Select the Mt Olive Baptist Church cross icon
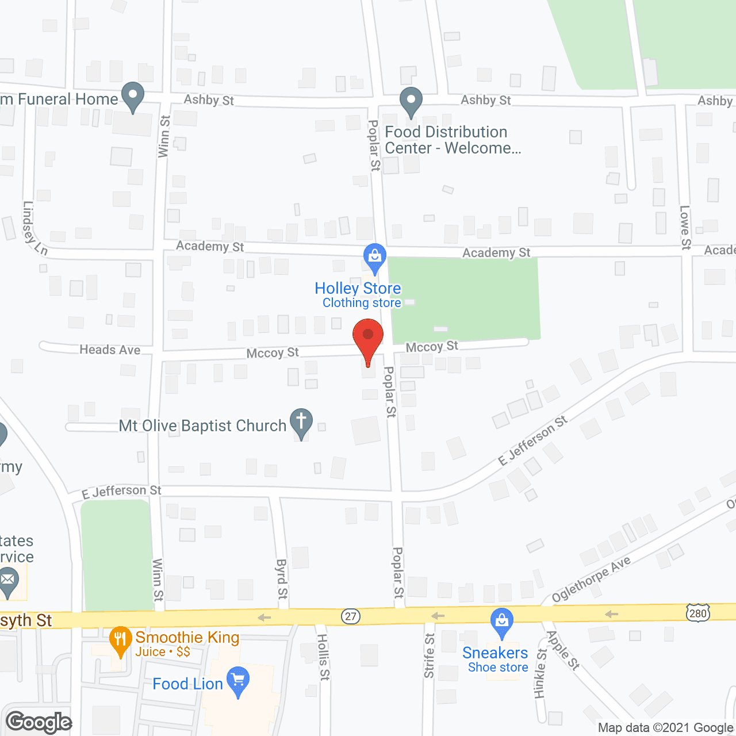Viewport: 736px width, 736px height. (x=301, y=422)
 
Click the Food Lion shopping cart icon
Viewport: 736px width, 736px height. (x=238, y=680)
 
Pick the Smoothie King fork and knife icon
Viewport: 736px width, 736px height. (x=120, y=640)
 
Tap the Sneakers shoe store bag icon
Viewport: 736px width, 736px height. (x=502, y=622)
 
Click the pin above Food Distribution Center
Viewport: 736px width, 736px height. (x=411, y=101)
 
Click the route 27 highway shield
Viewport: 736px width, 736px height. (x=350, y=616)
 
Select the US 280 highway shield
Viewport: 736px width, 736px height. (x=697, y=613)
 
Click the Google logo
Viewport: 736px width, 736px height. (x=39, y=722)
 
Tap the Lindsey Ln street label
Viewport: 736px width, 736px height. (x=34, y=228)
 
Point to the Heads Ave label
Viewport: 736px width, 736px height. (x=110, y=350)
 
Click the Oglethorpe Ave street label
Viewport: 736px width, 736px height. (x=591, y=579)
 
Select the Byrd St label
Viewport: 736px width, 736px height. (x=282, y=579)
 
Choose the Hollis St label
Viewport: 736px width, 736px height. (x=324, y=657)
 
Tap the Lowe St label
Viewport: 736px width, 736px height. (x=685, y=227)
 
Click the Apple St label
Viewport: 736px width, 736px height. (x=562, y=650)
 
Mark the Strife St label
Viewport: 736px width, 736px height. (x=429, y=655)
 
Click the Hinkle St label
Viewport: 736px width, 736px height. (x=540, y=673)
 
